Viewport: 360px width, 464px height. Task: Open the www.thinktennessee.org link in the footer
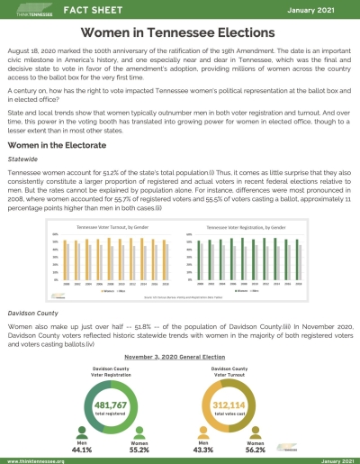40,459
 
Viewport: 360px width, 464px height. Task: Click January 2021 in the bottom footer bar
330,459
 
